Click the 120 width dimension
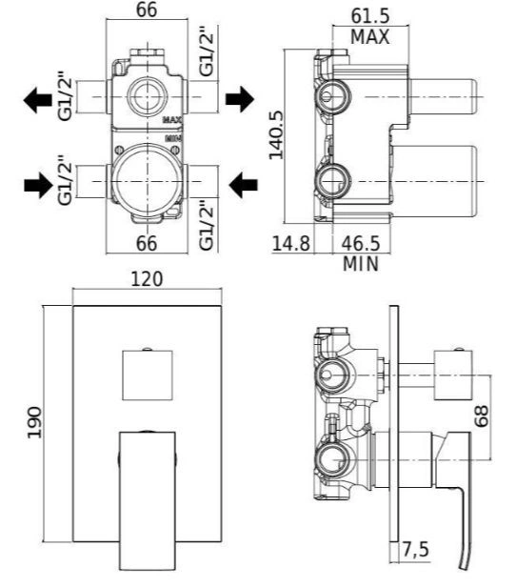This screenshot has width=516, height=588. [147, 279]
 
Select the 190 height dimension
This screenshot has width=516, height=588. [35, 422]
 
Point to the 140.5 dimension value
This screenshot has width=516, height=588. [276, 135]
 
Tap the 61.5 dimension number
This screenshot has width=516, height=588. [370, 16]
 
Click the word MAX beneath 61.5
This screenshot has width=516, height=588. [369, 37]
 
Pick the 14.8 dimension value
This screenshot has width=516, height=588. [290, 243]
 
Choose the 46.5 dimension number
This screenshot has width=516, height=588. [361, 243]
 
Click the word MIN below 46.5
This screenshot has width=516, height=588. [361, 264]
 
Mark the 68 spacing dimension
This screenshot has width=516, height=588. [482, 416]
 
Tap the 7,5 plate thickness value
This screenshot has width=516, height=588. [416, 550]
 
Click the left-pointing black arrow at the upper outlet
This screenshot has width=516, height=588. [37, 100]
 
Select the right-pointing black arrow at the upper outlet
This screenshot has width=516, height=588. [240, 99]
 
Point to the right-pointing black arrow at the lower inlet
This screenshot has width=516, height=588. [38, 185]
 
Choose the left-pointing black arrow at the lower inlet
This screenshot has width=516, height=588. [243, 185]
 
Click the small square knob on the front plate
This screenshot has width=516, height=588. [148, 375]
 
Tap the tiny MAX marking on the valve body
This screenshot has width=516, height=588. [172, 120]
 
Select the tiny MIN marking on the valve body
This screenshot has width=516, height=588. [173, 138]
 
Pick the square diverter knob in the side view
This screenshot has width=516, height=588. [453, 375]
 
